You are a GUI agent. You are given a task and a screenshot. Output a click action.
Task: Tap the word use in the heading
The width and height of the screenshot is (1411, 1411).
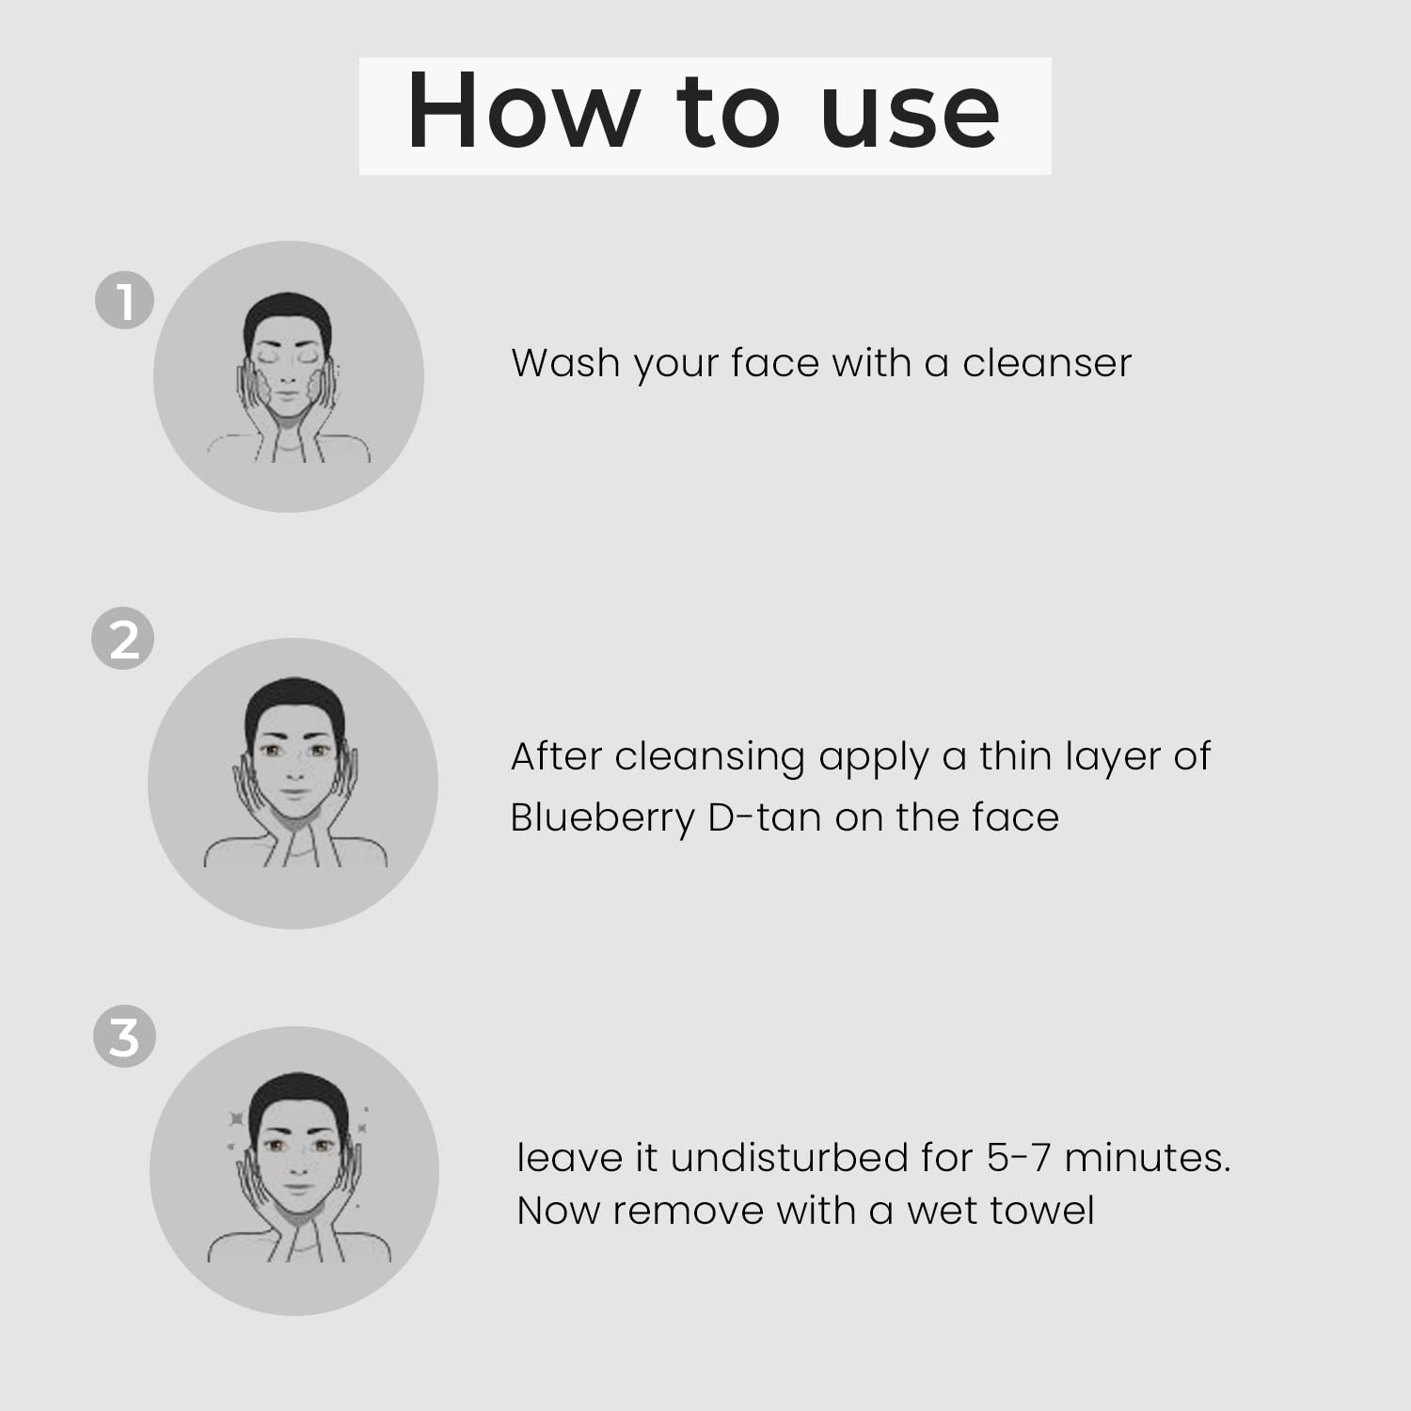[910, 114]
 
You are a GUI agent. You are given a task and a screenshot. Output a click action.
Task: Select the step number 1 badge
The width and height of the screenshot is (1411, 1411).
[124, 300]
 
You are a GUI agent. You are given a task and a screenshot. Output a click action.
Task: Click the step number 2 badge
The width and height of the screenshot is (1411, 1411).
[123, 640]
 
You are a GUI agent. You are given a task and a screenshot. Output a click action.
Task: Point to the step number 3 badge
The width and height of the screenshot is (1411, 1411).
[124, 1038]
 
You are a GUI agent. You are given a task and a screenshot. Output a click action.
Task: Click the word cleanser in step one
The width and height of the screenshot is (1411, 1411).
[1046, 362]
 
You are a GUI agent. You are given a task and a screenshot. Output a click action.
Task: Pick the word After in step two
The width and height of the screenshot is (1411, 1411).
[556, 755]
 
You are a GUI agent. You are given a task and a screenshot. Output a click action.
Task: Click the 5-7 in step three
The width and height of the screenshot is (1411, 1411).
[1019, 1157]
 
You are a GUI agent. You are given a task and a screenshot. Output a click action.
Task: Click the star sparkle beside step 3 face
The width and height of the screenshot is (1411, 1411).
[236, 1118]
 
